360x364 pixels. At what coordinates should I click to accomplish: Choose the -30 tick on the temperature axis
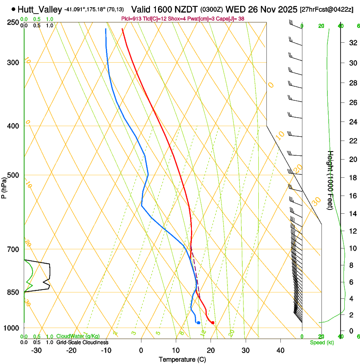pos(37,350)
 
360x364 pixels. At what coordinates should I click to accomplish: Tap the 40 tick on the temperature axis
pos(280,350)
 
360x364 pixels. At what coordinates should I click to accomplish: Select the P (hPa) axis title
pos(4,186)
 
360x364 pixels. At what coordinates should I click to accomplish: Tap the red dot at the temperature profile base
pos(213,323)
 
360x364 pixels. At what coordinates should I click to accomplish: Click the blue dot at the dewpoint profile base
pos(198,323)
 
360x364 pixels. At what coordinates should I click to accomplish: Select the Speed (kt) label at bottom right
pos(322,342)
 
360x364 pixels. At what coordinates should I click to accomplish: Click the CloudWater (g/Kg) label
pos(78,336)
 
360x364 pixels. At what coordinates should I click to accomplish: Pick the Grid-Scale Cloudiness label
pos(82,342)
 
